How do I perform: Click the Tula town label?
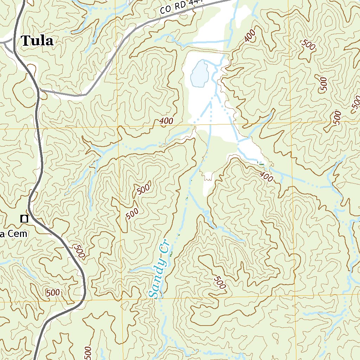pos(37,41)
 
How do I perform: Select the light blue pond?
pos(199,74)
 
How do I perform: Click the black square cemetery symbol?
pos(24,219)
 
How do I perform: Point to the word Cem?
pos(18,234)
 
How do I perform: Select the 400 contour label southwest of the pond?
pos(166,121)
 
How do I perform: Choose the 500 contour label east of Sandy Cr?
pos(219,282)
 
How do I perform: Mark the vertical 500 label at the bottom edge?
pos(88,353)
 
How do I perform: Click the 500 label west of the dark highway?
pos(52,292)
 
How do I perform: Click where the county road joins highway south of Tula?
pos(39,90)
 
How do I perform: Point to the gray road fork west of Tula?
pos(11,43)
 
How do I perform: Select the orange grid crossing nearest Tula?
pos(116,127)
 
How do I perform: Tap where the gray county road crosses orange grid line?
pos(116,54)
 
